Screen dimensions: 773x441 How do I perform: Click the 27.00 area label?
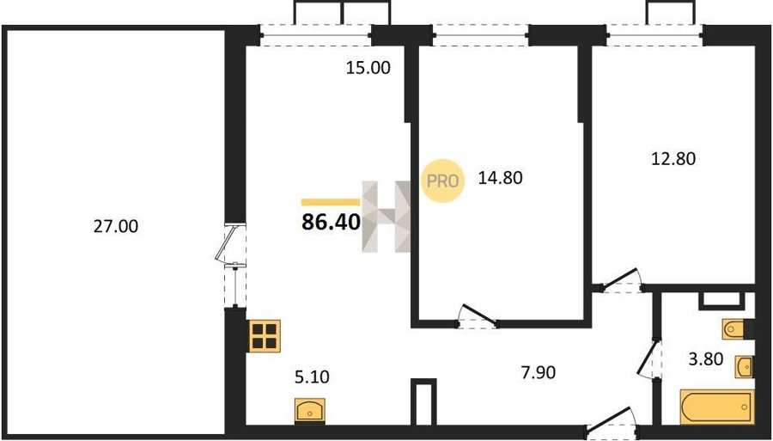116,226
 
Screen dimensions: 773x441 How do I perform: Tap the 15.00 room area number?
368,68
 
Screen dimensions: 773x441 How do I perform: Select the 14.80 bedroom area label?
500,178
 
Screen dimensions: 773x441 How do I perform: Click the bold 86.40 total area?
332,223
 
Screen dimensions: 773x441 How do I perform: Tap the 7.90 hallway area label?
539,372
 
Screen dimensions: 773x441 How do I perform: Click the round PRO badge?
442,181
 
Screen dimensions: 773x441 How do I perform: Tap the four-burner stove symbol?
265,335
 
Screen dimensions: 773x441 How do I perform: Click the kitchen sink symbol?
309,410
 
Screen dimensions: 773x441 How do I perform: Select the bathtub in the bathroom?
717,407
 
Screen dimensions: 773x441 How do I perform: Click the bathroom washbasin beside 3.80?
744,366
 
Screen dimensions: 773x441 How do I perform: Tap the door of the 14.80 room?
478,316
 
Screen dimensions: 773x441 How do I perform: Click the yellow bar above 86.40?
331,202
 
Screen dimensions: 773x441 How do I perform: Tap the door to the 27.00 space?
229,245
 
